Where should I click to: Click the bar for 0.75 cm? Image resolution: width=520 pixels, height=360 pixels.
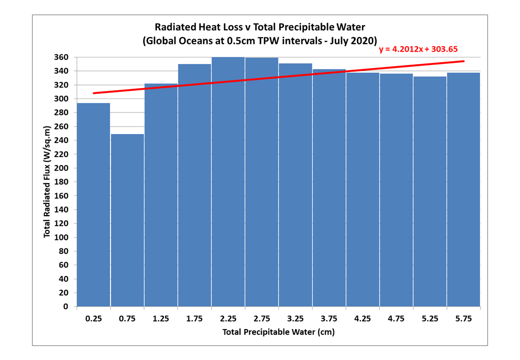127,220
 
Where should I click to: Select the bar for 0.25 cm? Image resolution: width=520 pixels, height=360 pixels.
93,204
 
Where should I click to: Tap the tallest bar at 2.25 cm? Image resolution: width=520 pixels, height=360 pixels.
228,181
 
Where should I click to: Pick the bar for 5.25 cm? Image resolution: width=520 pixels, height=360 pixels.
430,191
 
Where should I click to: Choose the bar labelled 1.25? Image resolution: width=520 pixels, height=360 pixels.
161,195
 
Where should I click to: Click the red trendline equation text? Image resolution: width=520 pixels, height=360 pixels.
418,49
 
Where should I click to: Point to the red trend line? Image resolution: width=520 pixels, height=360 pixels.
278,77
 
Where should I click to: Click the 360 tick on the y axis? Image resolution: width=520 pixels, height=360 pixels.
61,57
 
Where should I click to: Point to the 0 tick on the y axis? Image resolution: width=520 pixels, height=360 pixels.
65,306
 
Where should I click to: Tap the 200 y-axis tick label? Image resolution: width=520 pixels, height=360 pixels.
61,168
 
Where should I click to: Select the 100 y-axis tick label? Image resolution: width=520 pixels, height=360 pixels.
61,237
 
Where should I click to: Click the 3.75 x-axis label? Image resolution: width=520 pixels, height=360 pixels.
329,319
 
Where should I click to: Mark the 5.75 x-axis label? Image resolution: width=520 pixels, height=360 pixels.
463,319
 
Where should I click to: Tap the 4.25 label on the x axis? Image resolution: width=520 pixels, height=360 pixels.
362,319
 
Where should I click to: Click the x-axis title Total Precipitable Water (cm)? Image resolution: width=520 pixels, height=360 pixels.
278,332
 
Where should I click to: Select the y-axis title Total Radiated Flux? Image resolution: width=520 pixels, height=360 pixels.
47,181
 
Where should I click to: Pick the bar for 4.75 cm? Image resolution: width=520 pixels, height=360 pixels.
396,190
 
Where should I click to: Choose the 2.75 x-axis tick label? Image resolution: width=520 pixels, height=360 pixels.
261,319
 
